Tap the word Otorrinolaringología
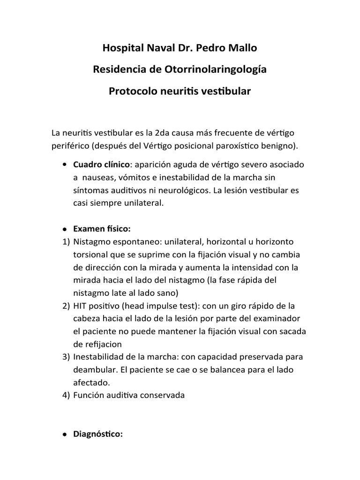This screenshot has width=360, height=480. [x=214, y=69]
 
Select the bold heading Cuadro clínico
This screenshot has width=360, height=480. [x=100, y=165]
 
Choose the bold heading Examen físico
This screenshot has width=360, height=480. [x=101, y=229]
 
